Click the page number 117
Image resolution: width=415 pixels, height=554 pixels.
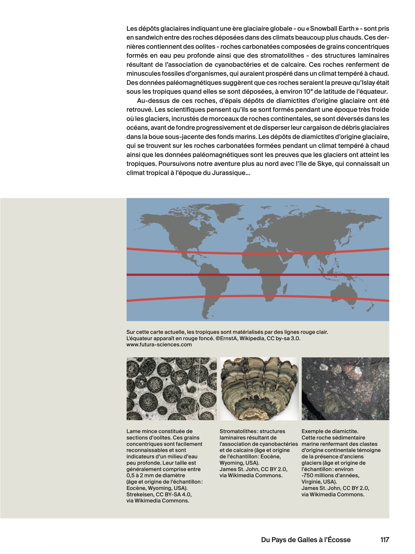coord(385,540)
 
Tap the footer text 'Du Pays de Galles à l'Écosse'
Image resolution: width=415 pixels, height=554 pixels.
coord(306,540)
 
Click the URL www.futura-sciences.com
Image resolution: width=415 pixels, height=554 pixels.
coord(159,345)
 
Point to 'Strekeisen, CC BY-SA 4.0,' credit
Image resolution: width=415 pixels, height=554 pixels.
coord(159,494)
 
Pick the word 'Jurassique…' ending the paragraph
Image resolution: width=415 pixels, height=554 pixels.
coord(231,173)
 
